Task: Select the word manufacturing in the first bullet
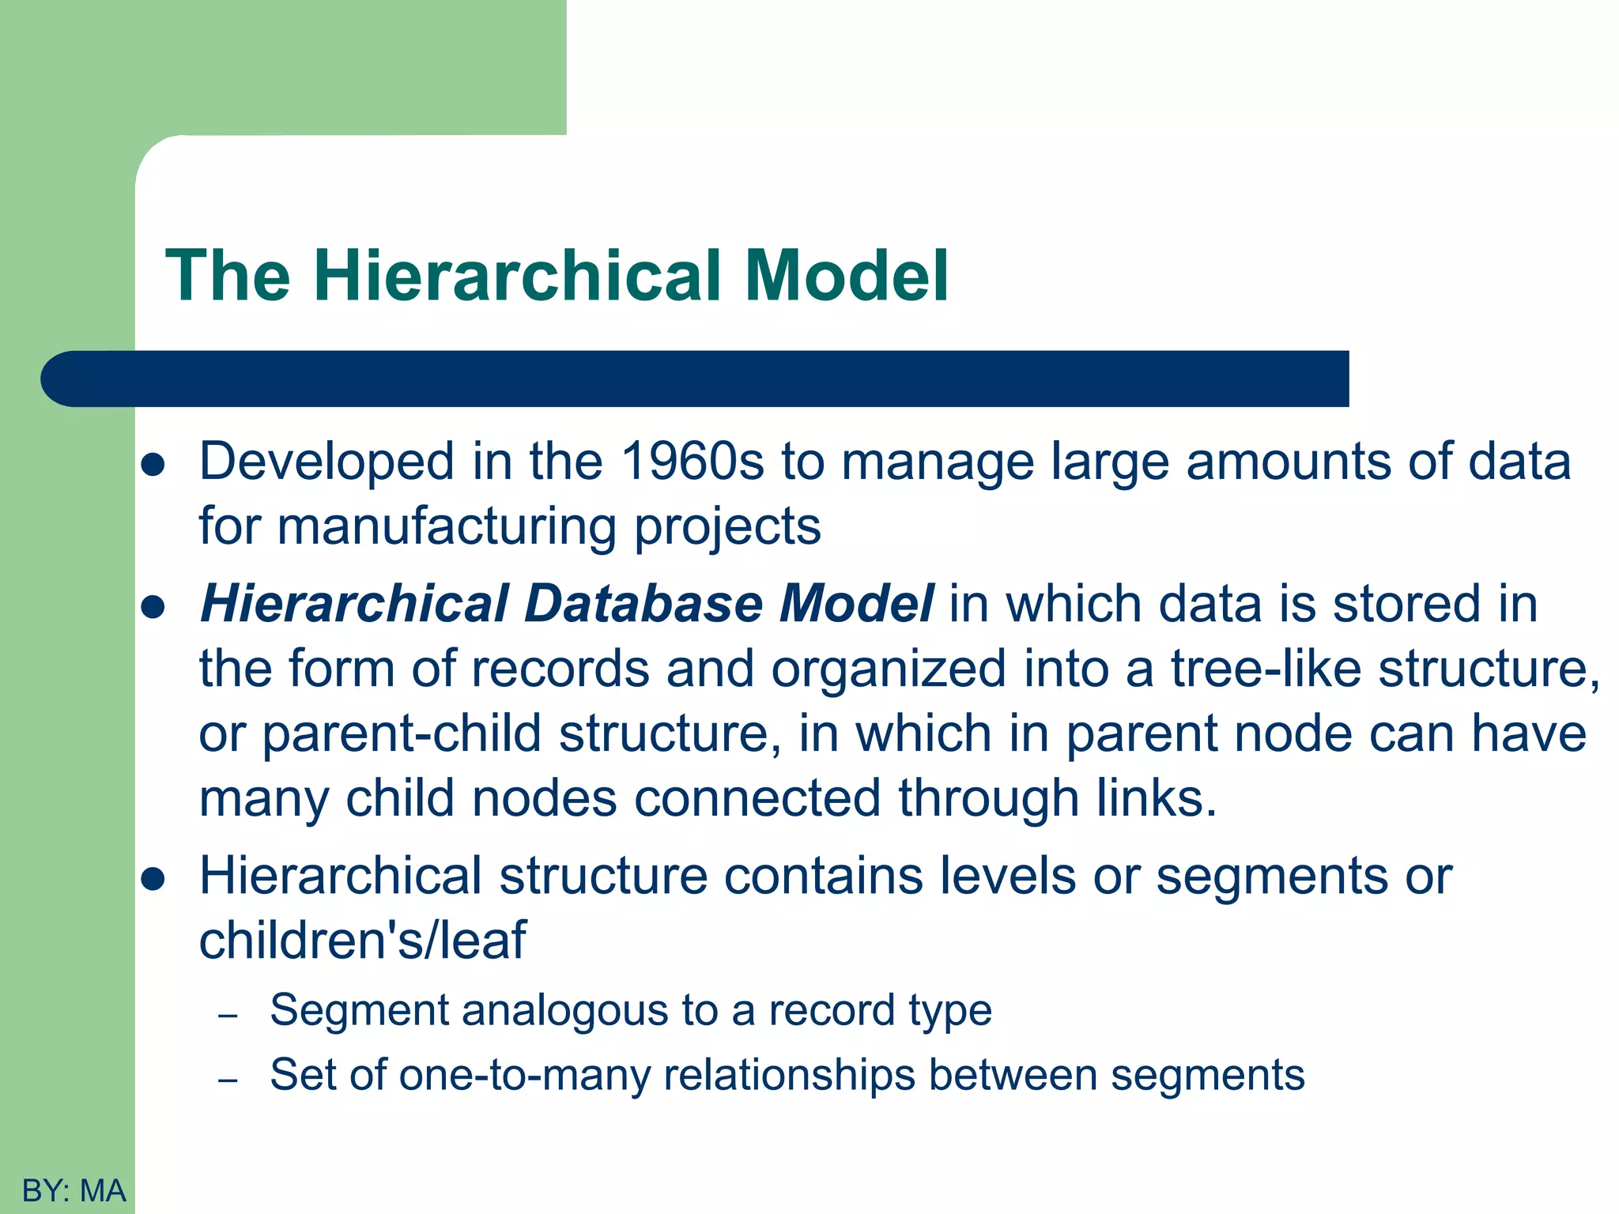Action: pos(447,527)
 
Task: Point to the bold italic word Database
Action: pos(643,604)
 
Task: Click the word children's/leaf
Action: pos(362,941)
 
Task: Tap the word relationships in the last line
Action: pos(788,1075)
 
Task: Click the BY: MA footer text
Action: pos(74,1190)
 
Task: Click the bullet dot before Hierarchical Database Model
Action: pos(152,607)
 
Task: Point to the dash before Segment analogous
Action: pos(228,1015)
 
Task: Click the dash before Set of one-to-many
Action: pos(228,1080)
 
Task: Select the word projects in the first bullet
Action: pos(727,527)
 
